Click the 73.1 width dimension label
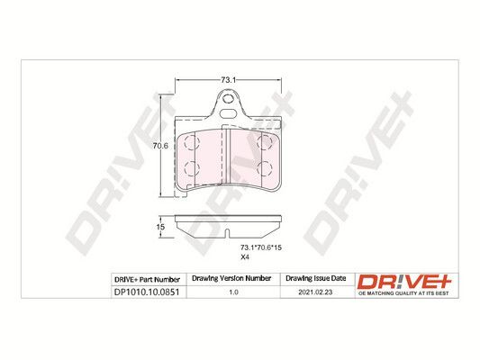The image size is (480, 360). click(228, 80)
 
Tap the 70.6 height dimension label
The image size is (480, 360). click(160, 146)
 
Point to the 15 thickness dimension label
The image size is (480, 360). click(160, 227)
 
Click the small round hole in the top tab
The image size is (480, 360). click(227, 99)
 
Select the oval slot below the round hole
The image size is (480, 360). click(228, 113)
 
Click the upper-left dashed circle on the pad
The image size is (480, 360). click(191, 142)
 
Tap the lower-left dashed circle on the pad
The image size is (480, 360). click(191, 168)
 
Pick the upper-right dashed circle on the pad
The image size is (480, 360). click(265, 142)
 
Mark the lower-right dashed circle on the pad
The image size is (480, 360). click(265, 168)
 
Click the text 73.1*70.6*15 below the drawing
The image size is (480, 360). click(261, 247)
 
